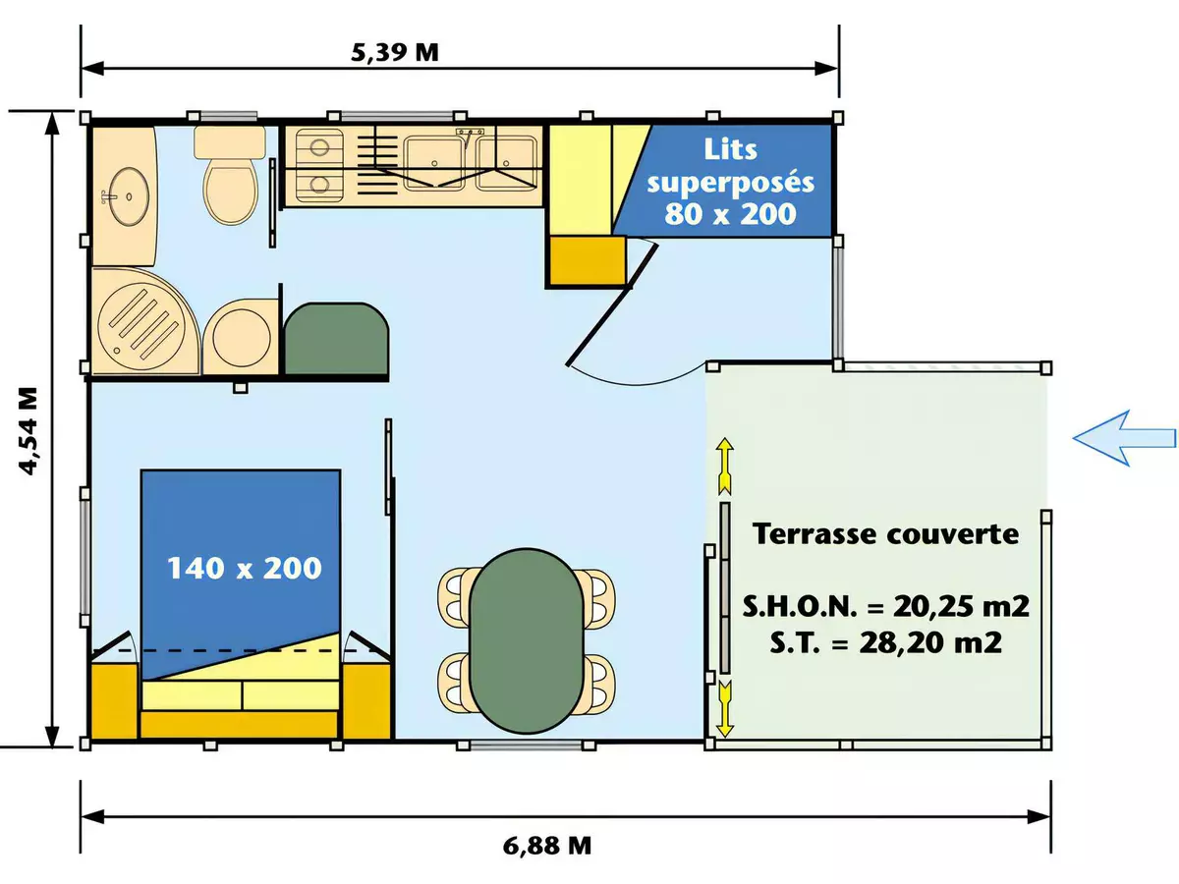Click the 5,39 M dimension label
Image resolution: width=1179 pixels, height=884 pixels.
[x=395, y=53]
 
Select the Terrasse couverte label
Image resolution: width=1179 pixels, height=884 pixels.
[x=884, y=534]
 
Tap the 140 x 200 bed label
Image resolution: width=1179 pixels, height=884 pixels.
[x=244, y=567]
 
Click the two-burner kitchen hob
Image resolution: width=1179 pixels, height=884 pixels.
[x=318, y=165]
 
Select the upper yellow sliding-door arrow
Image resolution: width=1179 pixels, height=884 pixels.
[x=724, y=466]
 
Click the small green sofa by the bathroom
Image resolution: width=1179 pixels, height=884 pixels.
[x=335, y=339]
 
